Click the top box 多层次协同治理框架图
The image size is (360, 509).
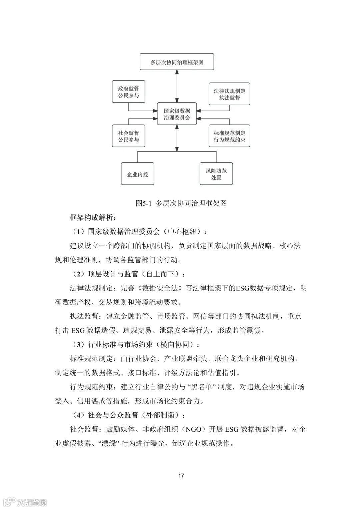(x=177, y=62)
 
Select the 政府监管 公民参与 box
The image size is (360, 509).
(x=128, y=92)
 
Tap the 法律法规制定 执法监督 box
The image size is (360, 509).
(x=229, y=94)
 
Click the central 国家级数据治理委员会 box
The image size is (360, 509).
(x=177, y=114)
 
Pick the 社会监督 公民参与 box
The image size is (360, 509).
(x=128, y=136)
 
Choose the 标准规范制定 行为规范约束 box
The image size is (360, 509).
(x=229, y=136)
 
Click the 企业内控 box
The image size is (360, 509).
(x=137, y=174)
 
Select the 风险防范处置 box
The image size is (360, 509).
(x=216, y=174)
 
